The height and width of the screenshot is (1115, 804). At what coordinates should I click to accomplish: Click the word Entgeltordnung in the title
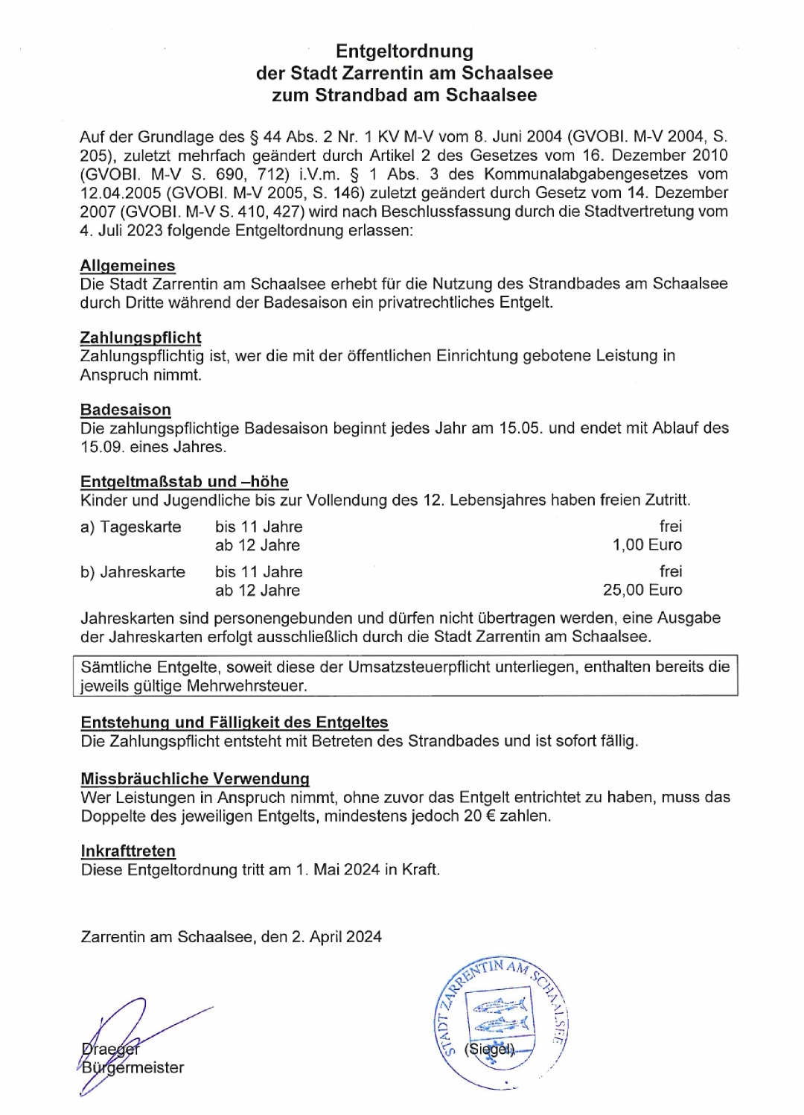click(x=404, y=51)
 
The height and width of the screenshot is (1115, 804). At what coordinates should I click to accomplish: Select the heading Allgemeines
click(x=127, y=265)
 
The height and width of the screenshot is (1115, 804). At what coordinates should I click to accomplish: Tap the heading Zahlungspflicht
click(x=141, y=337)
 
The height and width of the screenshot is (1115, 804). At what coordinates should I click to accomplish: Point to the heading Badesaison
click(x=125, y=410)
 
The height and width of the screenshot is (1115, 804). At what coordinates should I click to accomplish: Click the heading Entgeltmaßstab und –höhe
click(x=184, y=482)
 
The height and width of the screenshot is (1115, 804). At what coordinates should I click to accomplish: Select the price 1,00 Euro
click(x=647, y=545)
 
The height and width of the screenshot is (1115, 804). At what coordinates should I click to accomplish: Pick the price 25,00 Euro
click(x=642, y=590)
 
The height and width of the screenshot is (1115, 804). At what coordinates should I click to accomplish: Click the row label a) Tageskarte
click(x=130, y=527)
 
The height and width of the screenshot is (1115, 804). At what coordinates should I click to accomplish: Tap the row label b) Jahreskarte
click(x=133, y=572)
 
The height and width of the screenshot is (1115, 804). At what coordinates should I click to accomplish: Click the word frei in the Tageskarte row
click(x=670, y=527)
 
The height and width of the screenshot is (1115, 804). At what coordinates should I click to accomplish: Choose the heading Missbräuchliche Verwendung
click(x=194, y=779)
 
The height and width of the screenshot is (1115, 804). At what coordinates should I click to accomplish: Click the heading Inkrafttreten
click(x=128, y=851)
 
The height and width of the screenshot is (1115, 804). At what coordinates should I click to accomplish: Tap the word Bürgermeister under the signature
click(x=133, y=1068)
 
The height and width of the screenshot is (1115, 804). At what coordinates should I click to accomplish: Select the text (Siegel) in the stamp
click(x=488, y=1049)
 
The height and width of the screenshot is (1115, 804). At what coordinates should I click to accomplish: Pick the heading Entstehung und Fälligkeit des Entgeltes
click(x=234, y=722)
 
